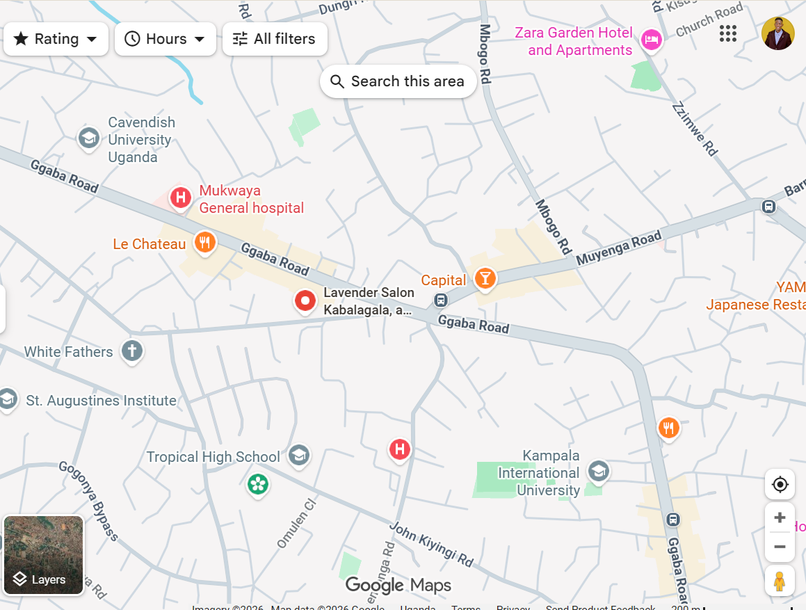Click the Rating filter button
(x=56, y=39)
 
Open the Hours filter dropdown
(x=166, y=39)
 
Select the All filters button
(x=275, y=39)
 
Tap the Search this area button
(x=398, y=81)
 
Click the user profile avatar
(x=777, y=33)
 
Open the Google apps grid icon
(x=728, y=33)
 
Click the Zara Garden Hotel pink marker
(x=651, y=40)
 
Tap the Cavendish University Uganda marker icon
(x=88, y=138)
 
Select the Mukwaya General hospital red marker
(x=181, y=198)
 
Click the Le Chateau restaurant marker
(x=204, y=242)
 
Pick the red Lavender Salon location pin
(x=305, y=301)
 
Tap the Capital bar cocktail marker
(x=485, y=279)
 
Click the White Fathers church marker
(x=132, y=351)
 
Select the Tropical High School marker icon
(x=299, y=456)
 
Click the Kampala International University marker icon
(x=598, y=471)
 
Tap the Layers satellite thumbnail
(x=44, y=555)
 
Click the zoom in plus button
(x=780, y=517)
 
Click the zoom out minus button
(x=780, y=547)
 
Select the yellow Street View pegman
(x=780, y=580)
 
